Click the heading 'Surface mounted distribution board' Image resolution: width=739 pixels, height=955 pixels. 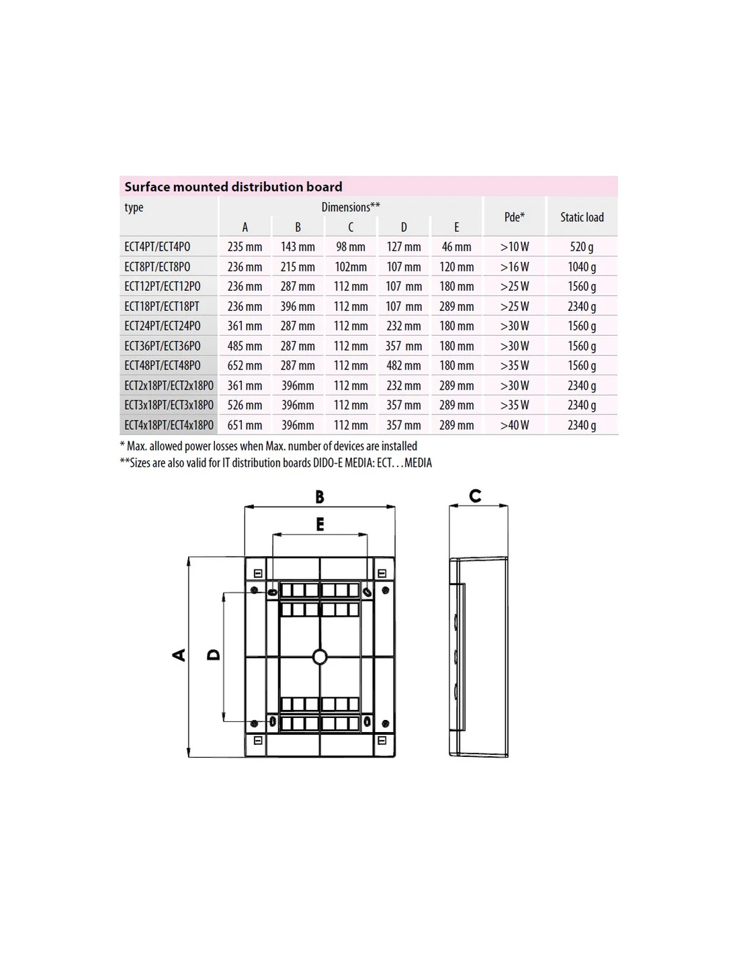(x=233, y=187)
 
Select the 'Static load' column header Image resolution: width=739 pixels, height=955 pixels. (x=582, y=217)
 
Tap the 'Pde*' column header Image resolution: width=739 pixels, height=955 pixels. (x=515, y=217)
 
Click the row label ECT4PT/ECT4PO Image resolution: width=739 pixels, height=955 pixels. (x=157, y=247)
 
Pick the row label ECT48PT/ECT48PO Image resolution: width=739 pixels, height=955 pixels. (x=162, y=365)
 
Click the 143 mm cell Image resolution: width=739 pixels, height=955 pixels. (x=298, y=247)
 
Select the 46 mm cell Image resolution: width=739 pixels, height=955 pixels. (x=456, y=247)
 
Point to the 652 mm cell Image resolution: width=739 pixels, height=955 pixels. (x=245, y=365)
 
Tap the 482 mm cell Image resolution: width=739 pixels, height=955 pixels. (x=404, y=365)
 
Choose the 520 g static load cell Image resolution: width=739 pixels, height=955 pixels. (x=582, y=247)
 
